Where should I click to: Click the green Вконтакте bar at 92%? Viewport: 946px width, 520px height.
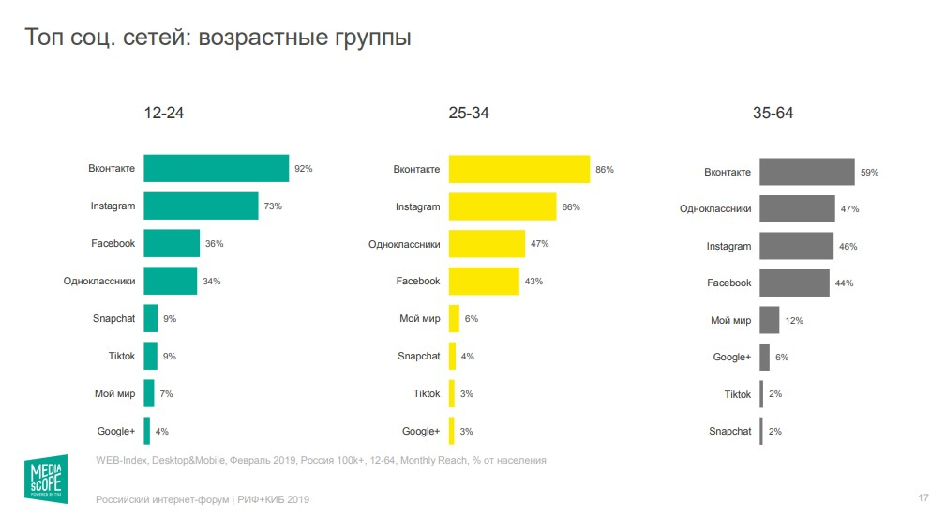point(216,169)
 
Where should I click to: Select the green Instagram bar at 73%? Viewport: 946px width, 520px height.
point(201,206)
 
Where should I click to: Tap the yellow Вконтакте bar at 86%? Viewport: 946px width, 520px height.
point(519,170)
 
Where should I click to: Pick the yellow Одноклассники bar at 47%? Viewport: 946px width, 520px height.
point(487,243)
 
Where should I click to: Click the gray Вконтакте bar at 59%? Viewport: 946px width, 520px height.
point(806,172)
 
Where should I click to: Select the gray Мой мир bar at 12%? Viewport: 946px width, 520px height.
point(769,320)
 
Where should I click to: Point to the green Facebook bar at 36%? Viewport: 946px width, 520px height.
point(172,243)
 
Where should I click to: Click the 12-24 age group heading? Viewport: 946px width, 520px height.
point(163,114)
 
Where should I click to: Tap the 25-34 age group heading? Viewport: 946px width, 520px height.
point(469,114)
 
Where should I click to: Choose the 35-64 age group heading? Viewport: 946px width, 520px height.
point(773,114)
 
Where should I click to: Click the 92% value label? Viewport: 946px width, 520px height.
point(303,169)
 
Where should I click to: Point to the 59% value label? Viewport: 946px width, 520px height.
point(869,173)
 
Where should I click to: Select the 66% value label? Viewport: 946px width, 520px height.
point(571,206)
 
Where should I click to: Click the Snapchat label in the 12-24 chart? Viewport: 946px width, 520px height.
point(113,318)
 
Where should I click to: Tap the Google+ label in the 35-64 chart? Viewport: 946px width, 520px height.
point(732,357)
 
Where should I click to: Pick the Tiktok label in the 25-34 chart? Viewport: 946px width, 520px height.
point(427,393)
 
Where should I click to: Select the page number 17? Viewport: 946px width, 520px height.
point(923,497)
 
